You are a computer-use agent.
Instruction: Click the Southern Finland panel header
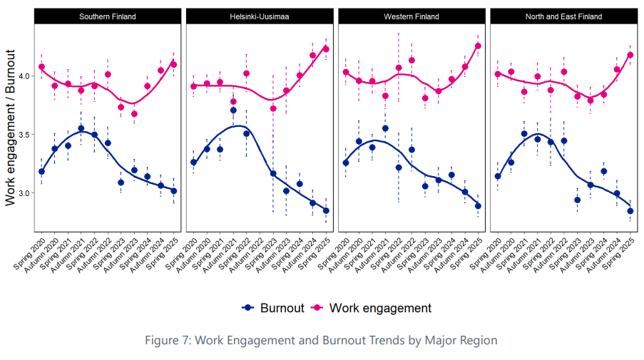107,16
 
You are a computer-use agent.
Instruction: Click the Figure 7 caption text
322,340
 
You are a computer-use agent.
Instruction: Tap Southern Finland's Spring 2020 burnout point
41,172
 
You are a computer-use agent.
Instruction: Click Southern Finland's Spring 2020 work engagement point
41,67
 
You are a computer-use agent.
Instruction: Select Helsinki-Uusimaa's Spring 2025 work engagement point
326,48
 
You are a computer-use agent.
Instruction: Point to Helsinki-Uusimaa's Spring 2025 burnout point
326,210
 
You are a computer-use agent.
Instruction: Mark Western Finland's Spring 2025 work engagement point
478,46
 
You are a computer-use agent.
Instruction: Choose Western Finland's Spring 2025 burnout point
478,206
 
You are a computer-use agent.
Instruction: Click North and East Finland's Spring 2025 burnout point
630,211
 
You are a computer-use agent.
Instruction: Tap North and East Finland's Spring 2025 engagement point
630,55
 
